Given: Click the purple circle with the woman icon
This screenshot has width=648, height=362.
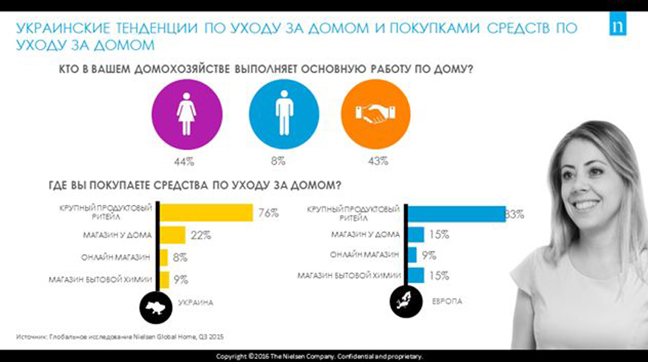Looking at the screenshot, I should point(185,112).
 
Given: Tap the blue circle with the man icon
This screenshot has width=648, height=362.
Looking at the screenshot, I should point(283,112).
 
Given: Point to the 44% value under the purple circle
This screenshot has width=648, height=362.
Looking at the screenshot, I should point(185,160).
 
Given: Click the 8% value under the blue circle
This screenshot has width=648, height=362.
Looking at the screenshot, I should point(279,160).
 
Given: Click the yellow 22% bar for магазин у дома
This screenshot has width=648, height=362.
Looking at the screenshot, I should point(173,235).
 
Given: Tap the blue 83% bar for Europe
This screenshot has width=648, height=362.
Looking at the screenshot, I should point(457,214).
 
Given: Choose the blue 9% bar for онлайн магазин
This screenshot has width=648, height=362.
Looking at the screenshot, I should point(412,255).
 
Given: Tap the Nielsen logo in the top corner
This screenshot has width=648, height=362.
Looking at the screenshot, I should point(625,31).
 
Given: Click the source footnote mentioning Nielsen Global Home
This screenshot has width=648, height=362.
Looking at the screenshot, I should point(121,336).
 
